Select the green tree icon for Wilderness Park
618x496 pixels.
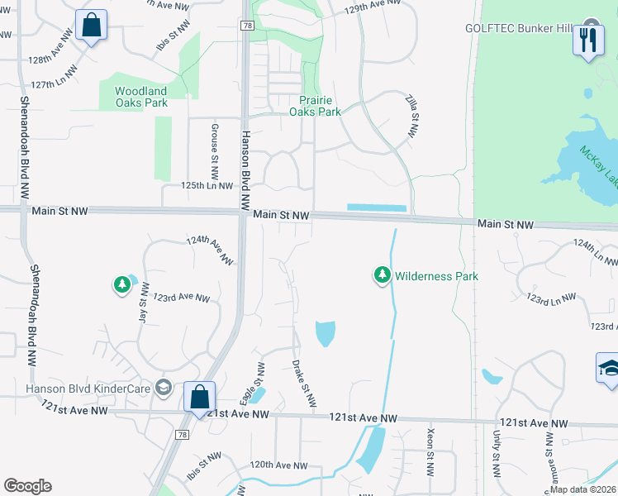click(382, 274)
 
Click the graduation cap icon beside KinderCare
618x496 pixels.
click(164, 388)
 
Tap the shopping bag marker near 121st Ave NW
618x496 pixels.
click(199, 397)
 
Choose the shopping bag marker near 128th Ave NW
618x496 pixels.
click(91, 25)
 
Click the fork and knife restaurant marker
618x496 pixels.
click(587, 40)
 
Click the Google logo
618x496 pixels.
click(27, 486)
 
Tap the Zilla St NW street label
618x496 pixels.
click(411, 116)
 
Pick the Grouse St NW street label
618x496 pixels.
click(214, 152)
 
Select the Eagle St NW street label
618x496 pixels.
click(257, 381)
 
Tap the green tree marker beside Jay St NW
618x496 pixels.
click(122, 285)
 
